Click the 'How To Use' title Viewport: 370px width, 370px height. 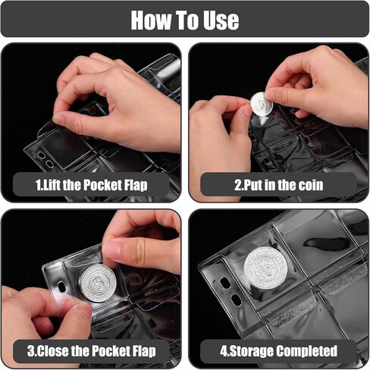184,20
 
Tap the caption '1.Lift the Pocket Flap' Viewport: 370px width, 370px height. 92,185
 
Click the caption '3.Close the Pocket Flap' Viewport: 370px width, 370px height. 92,350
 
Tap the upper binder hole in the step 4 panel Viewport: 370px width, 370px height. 227,282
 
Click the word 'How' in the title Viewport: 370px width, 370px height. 149,20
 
